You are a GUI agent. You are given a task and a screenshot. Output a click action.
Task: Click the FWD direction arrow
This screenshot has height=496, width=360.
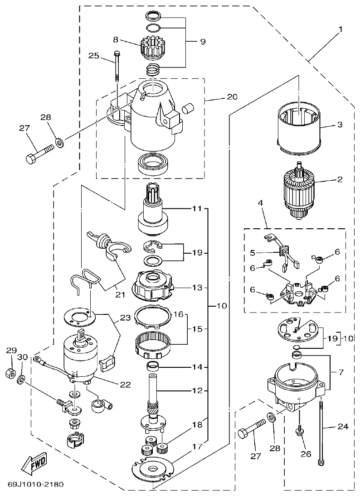coord(33,465)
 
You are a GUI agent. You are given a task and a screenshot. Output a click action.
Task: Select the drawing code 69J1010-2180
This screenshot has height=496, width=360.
coord(35,484)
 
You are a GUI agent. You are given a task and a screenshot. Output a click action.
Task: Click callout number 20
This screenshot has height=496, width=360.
coord(232,97)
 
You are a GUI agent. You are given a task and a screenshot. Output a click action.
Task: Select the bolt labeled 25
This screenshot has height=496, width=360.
coord(117,65)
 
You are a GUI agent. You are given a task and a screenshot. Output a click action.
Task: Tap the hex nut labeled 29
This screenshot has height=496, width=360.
coord(10,374)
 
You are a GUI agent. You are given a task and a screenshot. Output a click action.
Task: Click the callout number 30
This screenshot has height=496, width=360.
coord(22,357)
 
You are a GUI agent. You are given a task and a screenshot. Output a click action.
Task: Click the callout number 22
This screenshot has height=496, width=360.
coord(125,385)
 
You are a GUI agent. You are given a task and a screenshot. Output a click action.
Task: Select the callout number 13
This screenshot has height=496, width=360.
coord(196,287)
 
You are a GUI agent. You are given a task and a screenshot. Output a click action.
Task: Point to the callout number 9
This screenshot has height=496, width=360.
coord(202,42)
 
